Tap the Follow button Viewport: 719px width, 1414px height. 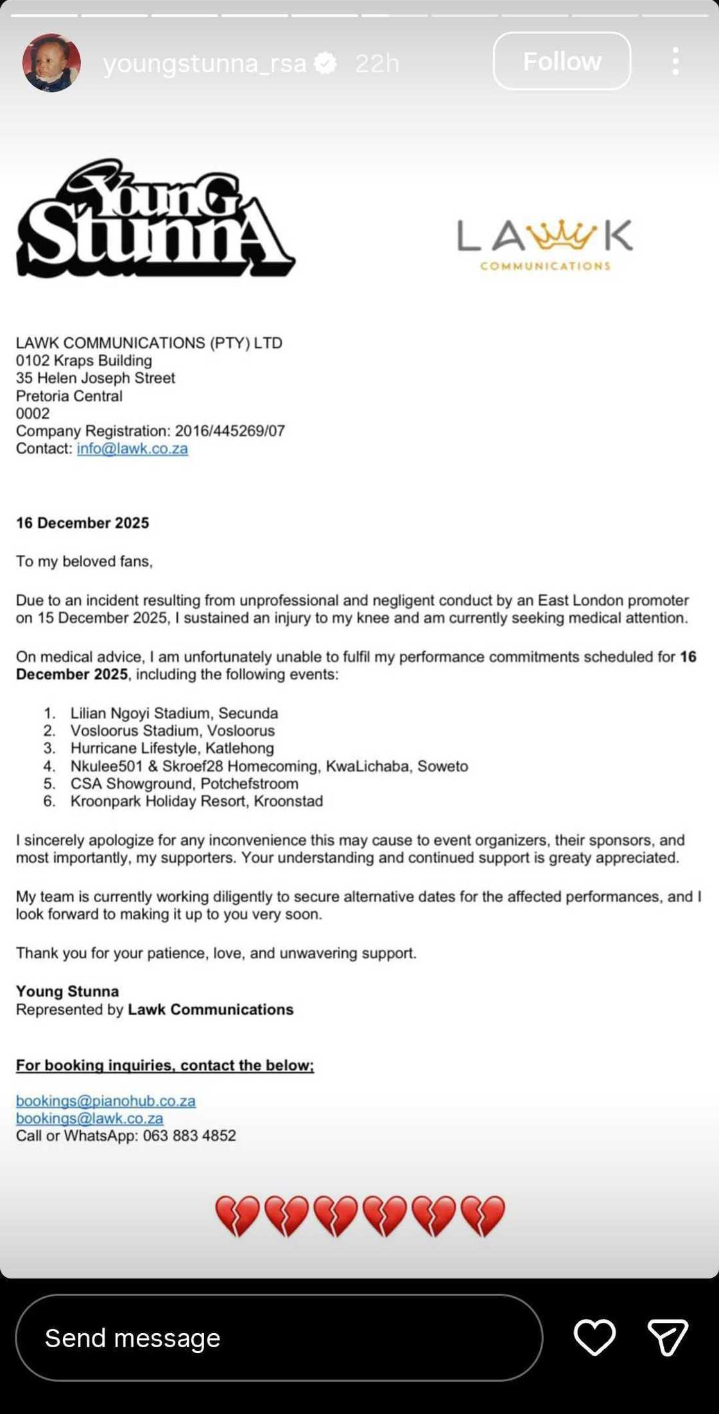562,62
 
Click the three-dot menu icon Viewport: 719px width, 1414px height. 675,62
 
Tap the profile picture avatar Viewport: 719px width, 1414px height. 51,63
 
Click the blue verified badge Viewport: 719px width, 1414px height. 326,63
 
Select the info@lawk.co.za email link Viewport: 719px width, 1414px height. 132,449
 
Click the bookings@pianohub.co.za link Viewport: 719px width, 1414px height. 106,1101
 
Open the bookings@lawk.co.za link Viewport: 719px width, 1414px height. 90,1118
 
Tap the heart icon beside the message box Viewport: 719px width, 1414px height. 594,1338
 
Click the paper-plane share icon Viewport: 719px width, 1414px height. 668,1338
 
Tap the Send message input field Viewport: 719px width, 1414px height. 279,1338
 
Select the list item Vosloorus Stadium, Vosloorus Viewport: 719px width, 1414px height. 172,731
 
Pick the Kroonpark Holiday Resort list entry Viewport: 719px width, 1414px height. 196,801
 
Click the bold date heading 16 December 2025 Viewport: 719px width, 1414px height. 82,523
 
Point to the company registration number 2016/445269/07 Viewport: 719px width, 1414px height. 230,431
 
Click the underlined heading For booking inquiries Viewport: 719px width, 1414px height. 165,1065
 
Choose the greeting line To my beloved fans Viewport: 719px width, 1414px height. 84,562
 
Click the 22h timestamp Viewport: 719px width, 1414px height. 377,63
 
